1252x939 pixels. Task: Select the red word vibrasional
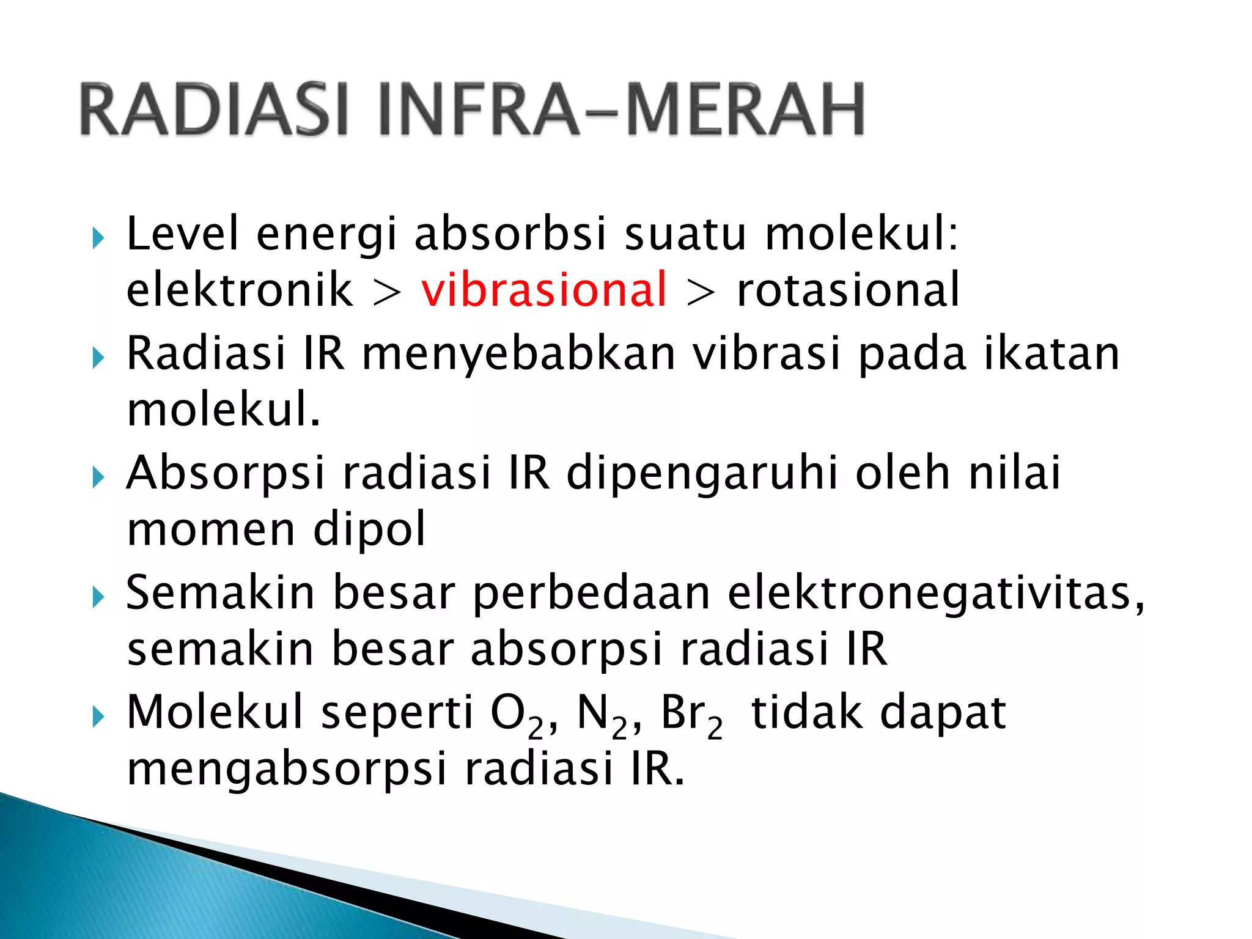click(x=543, y=289)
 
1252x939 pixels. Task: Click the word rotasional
click(x=848, y=289)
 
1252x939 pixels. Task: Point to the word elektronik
click(x=240, y=289)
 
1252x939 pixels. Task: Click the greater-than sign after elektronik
click(x=388, y=292)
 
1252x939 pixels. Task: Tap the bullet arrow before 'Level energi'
click(x=98, y=238)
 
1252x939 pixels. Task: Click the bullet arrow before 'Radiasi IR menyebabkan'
click(x=98, y=358)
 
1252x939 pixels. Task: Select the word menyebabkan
click(x=518, y=355)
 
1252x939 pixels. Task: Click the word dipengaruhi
click(x=702, y=474)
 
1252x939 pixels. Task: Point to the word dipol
click(x=369, y=529)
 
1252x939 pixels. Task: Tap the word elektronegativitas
click(x=935, y=593)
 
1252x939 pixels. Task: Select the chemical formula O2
click(x=517, y=715)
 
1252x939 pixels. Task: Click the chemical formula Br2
click(x=691, y=715)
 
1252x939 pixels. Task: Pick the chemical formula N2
click(x=602, y=715)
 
